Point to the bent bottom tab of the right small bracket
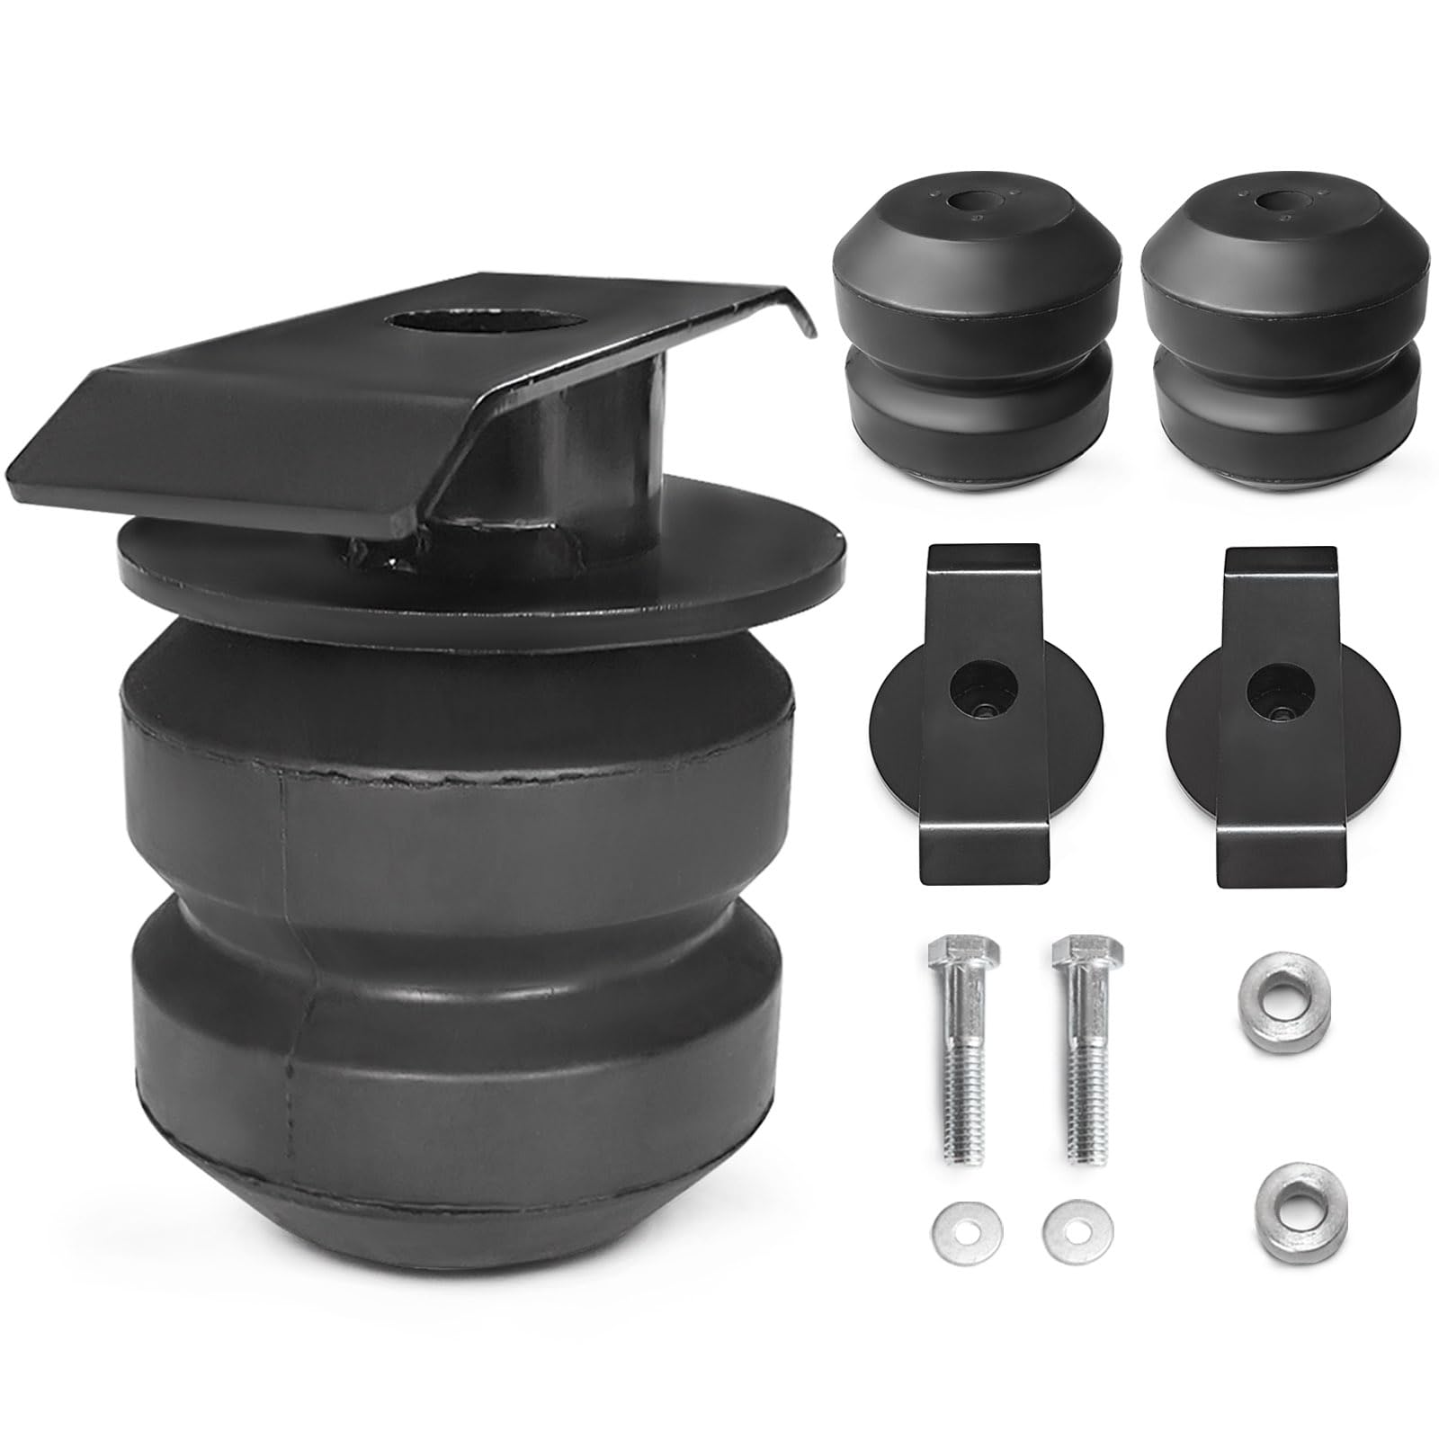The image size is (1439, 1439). click(x=1282, y=854)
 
